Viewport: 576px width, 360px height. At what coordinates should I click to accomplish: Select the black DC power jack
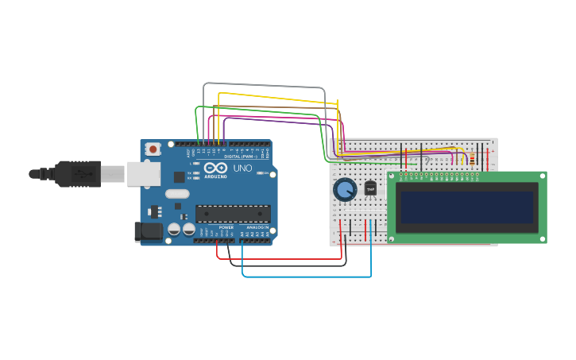148,231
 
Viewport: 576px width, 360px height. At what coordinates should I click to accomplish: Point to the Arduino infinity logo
215,168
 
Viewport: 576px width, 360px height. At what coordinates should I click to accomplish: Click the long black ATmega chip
233,213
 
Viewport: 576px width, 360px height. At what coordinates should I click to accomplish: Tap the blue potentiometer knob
345,190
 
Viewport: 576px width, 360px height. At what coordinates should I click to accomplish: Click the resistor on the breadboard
474,158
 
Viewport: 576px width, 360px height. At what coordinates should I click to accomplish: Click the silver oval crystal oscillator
177,193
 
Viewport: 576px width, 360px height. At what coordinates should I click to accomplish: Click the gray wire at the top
262,84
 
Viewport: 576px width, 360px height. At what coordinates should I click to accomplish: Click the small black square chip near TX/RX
180,177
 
